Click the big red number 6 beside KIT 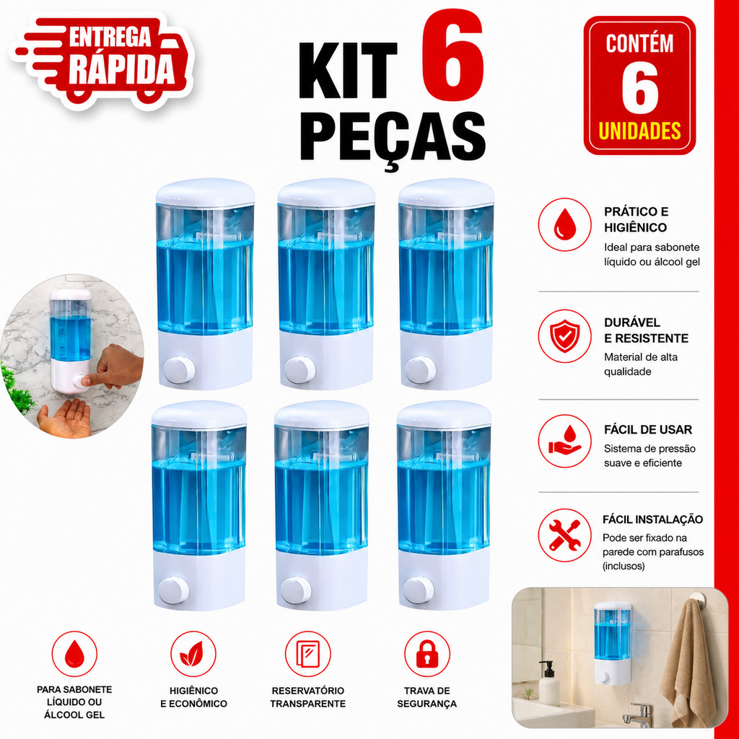tap(452, 55)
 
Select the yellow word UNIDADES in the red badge tap(639, 131)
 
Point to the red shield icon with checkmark tap(564, 336)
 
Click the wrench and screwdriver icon tap(564, 535)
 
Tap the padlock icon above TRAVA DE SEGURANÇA tap(427, 654)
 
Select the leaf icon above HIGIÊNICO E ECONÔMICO tap(193, 654)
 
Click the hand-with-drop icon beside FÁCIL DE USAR tap(564, 441)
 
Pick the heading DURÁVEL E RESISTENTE tap(646, 331)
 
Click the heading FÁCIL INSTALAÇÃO tap(652, 520)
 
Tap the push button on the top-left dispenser tap(179, 370)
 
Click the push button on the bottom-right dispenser tap(419, 590)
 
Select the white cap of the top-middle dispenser tap(326, 192)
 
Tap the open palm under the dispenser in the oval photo tap(65, 418)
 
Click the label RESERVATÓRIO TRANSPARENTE tap(307, 697)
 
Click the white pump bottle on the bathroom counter tap(549, 683)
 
